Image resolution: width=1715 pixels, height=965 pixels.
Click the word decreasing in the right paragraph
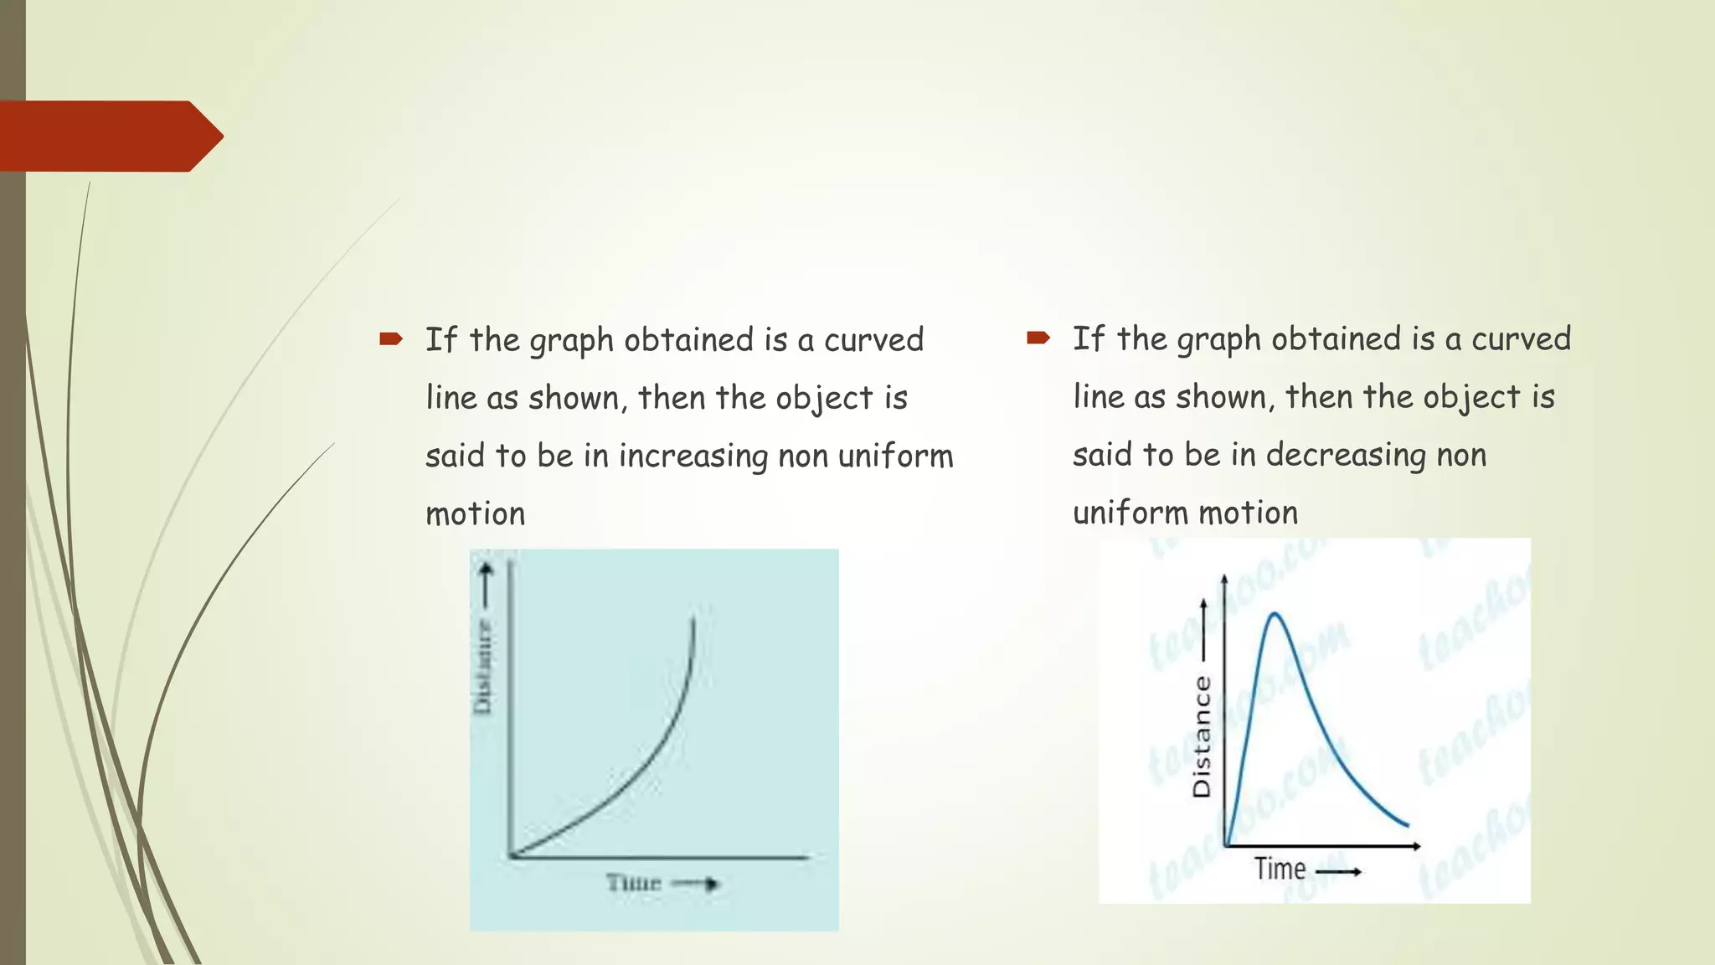pos(1345,455)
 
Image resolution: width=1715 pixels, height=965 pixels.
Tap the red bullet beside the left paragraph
pos(391,339)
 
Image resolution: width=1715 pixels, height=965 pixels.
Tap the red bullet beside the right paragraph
pos(1038,338)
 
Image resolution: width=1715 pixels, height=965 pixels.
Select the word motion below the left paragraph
pos(475,513)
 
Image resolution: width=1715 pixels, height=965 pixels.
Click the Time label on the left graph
pos(634,883)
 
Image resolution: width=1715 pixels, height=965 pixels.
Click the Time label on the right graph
pos(1280,869)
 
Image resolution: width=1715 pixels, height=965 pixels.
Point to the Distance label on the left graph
pos(483,666)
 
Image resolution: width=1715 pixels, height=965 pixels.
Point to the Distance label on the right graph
pos(1202,736)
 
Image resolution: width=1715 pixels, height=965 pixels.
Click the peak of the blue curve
pos(1275,614)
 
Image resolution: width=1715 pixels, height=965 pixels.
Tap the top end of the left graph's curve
pos(693,618)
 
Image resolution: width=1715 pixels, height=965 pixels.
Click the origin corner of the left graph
pos(510,856)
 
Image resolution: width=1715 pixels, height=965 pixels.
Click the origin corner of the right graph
pos(1225,846)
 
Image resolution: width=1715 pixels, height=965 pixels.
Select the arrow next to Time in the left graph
pos(698,884)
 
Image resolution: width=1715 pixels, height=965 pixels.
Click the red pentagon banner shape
pos(109,137)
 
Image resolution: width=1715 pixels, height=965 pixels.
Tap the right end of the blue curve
pos(1408,826)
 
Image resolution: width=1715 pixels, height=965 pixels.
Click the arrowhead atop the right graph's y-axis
pos(1225,579)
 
